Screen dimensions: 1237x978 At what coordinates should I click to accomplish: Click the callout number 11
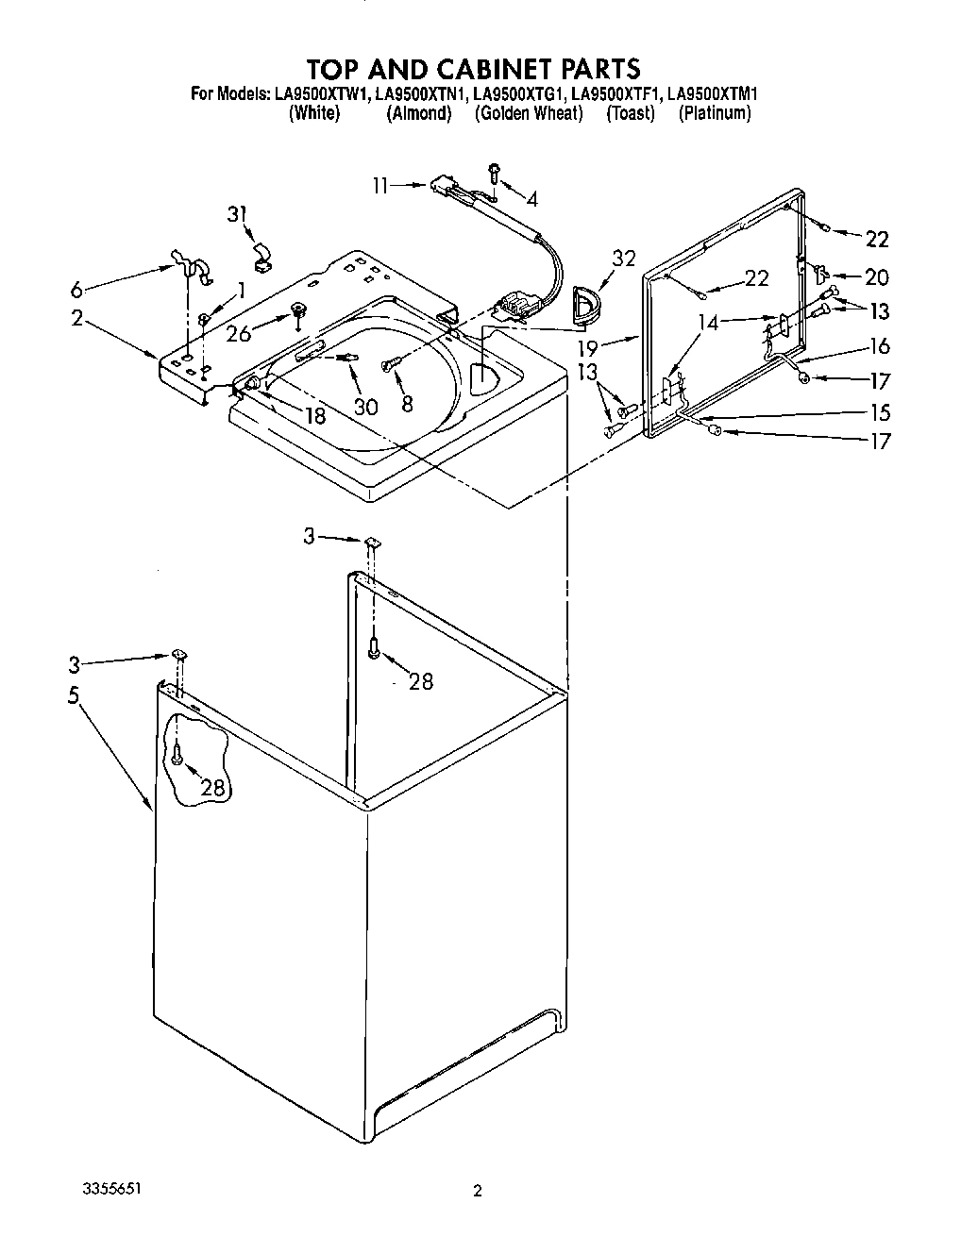tap(379, 186)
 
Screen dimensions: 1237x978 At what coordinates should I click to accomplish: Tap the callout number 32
tap(623, 259)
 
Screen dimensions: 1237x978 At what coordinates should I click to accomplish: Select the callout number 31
tap(237, 215)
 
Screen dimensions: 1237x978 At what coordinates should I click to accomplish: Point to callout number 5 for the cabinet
tap(74, 695)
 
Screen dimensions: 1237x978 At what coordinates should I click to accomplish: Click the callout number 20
tap(877, 276)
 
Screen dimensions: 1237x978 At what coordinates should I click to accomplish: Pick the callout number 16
tap(880, 346)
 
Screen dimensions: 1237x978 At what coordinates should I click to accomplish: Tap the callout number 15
tap(880, 412)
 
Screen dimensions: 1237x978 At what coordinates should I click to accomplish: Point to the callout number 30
tap(365, 406)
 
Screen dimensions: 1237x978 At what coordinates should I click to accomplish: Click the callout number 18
tap(314, 415)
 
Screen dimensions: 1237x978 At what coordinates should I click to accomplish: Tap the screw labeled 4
tap(494, 173)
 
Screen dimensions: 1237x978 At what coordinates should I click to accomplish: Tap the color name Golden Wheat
tap(529, 113)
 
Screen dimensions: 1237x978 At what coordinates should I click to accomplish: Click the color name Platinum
tap(715, 113)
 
